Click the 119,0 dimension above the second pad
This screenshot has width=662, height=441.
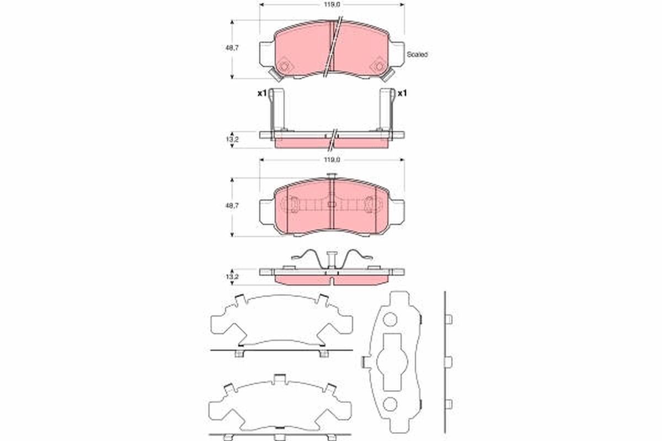point(332,159)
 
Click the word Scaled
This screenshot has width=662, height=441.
point(417,55)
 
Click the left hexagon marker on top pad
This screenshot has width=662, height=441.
point(285,67)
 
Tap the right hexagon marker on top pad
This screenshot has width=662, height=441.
point(378,67)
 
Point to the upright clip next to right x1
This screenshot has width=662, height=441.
point(386,110)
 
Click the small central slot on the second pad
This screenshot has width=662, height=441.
point(331,205)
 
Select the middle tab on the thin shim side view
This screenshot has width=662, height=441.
point(448,361)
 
